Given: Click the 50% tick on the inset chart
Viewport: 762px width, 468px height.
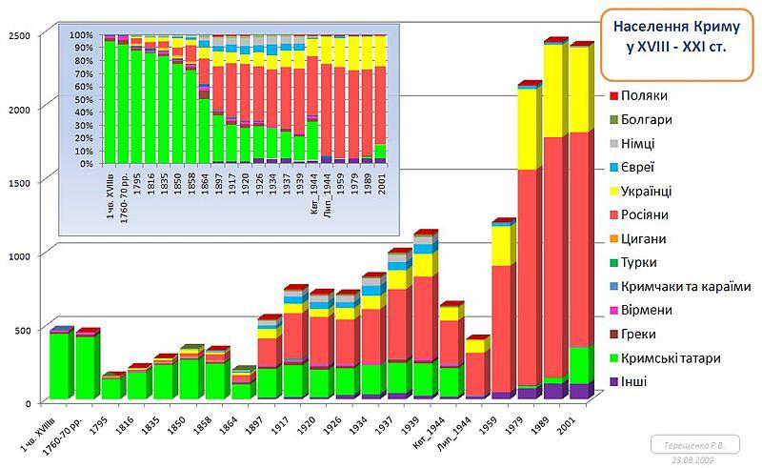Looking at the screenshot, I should [83, 105].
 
